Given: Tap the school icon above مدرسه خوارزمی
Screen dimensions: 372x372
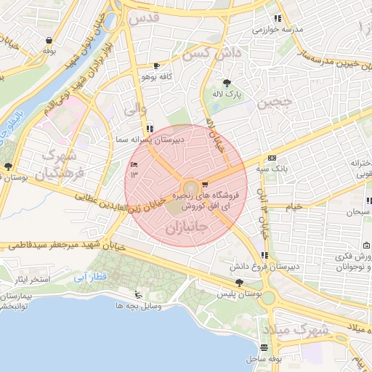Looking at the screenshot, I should [277, 18].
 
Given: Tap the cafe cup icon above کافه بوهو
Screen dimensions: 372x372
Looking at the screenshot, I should [156, 66].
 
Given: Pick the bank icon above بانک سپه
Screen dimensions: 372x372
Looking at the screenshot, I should [272, 158].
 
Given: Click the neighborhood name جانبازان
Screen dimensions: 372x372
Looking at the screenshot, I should [187, 227].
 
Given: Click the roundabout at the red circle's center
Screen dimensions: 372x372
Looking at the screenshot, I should [187, 188].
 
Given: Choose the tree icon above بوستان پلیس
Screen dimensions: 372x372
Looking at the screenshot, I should [239, 282].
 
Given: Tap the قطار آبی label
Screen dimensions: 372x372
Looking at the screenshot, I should [91, 277].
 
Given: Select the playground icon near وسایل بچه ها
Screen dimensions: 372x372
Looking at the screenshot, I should [139, 294].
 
